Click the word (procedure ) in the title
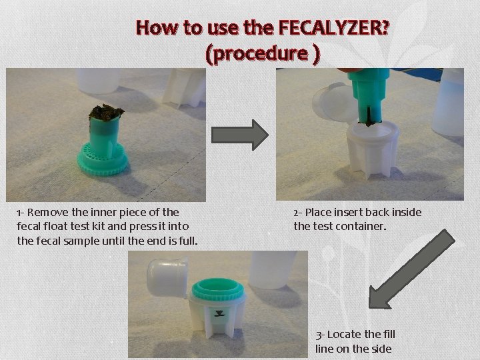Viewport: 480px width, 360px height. point(263,53)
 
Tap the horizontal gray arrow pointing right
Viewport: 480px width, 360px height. point(240,135)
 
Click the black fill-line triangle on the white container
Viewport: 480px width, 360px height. point(218,312)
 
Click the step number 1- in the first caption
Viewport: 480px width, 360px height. point(21,213)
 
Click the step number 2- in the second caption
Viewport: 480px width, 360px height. point(297,213)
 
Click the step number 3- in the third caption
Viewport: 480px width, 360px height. point(320,334)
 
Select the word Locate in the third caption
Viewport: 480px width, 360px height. point(345,334)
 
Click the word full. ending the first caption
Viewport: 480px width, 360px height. point(187,240)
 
